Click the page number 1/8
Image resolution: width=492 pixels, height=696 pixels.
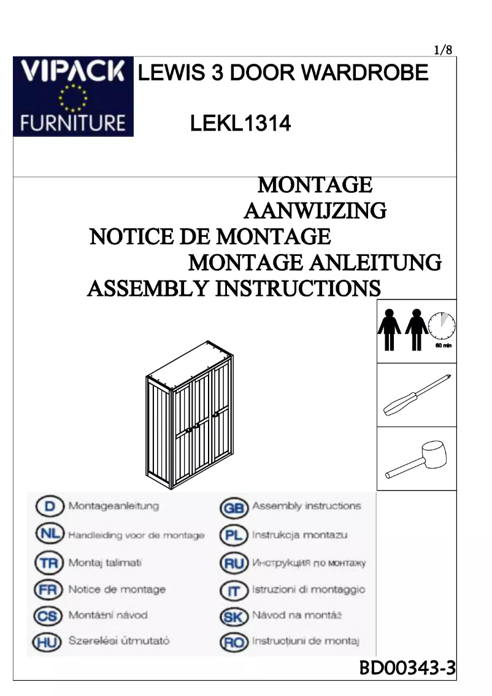443,50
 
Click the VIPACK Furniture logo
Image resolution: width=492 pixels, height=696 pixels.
73,96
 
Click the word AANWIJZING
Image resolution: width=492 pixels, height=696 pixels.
315,211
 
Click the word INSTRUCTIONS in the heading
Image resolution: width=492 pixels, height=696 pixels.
298,288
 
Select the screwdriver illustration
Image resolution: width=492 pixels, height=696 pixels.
417,395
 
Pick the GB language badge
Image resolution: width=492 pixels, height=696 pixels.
234,508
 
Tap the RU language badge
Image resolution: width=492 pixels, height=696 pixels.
234,563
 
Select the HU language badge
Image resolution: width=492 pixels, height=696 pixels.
48,642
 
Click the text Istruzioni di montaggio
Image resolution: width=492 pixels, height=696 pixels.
308,590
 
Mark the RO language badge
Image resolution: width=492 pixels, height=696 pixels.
234,643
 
